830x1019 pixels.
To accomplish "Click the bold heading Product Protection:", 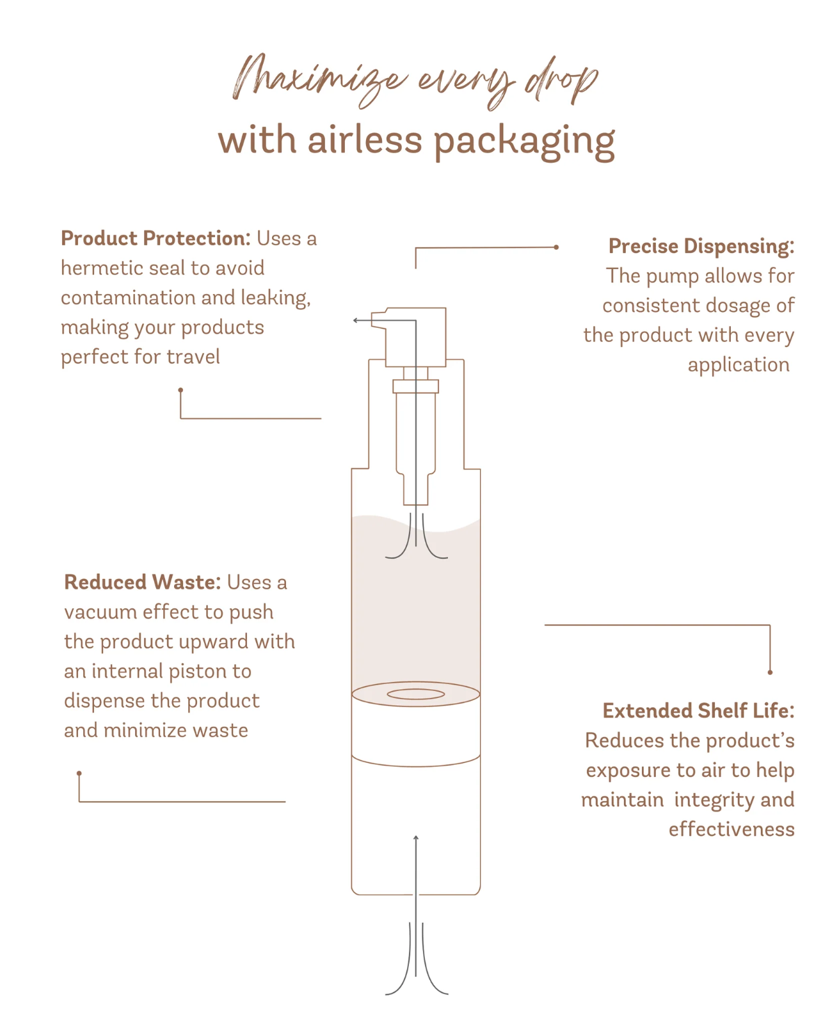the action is point(156,238).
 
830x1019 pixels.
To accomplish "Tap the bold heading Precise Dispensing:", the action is point(701,246).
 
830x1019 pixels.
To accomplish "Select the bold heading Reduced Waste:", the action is point(142,582).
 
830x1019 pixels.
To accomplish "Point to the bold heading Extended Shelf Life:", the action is point(698,711).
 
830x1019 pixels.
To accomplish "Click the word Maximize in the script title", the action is point(319,79).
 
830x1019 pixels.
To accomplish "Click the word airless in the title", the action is point(365,140).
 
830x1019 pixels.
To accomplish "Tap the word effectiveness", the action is point(731,829).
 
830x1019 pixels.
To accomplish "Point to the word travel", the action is point(193,357).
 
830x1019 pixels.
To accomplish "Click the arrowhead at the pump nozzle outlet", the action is point(355,320).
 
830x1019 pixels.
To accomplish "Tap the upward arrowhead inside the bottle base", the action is point(416,837).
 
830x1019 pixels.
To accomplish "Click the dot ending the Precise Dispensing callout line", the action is point(555,247).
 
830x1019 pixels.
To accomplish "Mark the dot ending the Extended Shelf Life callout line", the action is point(770,672).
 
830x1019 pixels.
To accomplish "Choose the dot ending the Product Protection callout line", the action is point(180,389).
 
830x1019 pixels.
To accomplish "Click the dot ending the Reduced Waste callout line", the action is point(79,773).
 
